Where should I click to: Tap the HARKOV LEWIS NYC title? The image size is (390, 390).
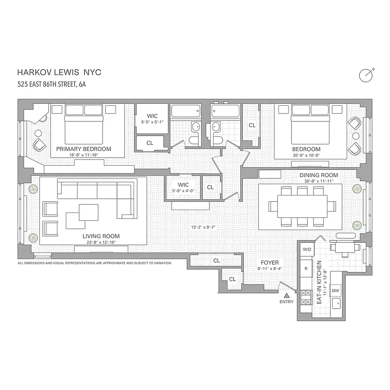(x=59, y=73)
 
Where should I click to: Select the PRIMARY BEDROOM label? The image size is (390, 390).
(x=83, y=149)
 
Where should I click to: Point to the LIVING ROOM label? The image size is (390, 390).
(x=101, y=236)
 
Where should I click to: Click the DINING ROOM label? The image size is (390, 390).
(x=318, y=175)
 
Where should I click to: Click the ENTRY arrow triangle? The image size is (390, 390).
(x=287, y=295)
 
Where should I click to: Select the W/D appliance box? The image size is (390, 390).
(x=307, y=250)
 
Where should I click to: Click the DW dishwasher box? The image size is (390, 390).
(x=335, y=291)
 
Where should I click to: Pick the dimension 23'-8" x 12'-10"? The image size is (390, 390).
(x=101, y=242)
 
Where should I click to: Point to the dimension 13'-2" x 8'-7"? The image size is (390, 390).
(x=205, y=227)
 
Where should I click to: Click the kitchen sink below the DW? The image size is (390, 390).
(x=335, y=304)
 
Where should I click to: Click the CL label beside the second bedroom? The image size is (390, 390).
(x=252, y=125)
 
